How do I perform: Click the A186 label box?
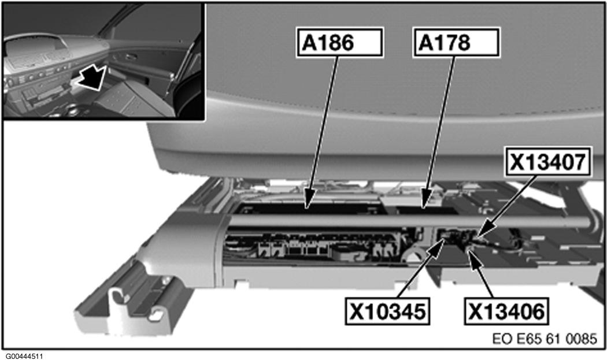(x=340, y=43)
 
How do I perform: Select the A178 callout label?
(x=455, y=43)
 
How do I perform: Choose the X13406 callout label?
(x=506, y=312)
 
